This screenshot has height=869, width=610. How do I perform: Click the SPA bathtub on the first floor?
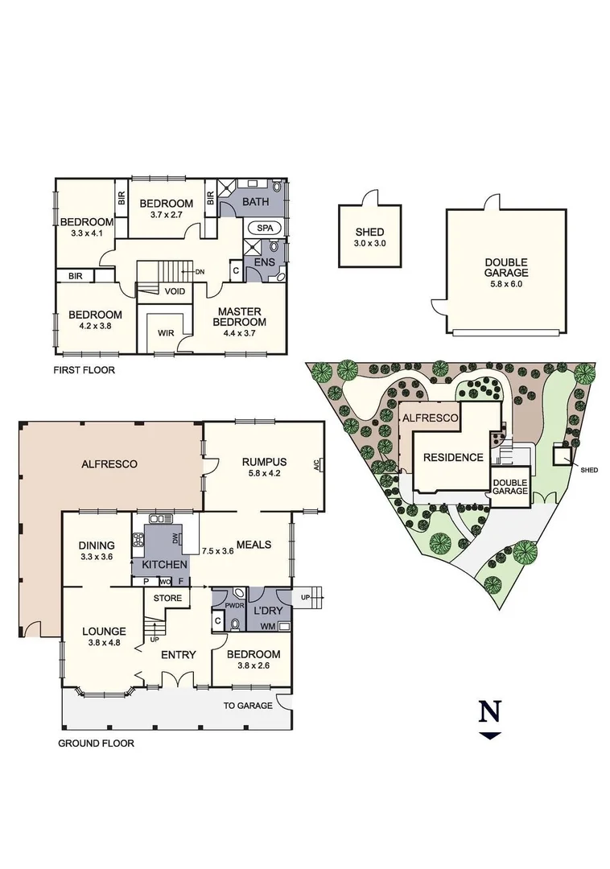(265, 228)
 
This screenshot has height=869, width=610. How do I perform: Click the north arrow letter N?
(490, 711)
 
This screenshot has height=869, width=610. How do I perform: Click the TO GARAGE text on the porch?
(248, 706)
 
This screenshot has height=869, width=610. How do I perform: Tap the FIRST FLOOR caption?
(84, 371)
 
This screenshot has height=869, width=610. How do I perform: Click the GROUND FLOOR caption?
(96, 743)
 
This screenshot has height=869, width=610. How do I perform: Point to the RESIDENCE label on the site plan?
(454, 457)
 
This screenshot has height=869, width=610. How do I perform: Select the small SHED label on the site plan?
(589, 470)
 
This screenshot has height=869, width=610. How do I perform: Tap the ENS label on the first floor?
(263, 262)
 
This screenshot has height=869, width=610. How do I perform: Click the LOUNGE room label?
(103, 632)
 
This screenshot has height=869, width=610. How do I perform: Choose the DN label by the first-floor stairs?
(200, 273)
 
